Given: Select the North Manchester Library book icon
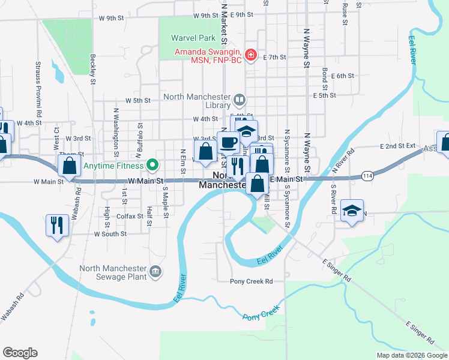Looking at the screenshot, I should [239, 99].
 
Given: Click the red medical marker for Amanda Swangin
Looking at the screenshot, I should [250, 55].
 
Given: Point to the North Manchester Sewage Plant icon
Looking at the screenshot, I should [155, 271].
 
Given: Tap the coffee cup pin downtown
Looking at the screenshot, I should [228, 143].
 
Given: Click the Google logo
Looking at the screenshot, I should [20, 352].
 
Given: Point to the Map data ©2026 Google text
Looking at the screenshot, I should [411, 355].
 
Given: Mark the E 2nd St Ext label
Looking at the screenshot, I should [397, 146].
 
